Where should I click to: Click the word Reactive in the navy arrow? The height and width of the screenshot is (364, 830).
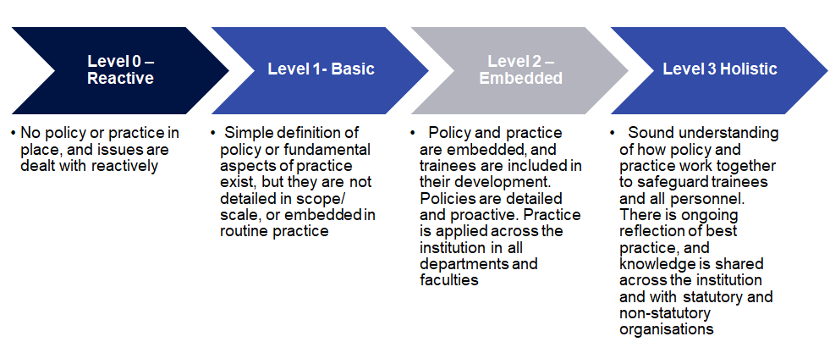(120, 79)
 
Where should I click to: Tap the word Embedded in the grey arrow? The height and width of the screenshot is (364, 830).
(520, 79)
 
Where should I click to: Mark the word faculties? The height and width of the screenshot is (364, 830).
(449, 279)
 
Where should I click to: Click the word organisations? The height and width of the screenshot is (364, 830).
(667, 329)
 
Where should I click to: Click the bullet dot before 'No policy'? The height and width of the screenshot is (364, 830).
(14, 134)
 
